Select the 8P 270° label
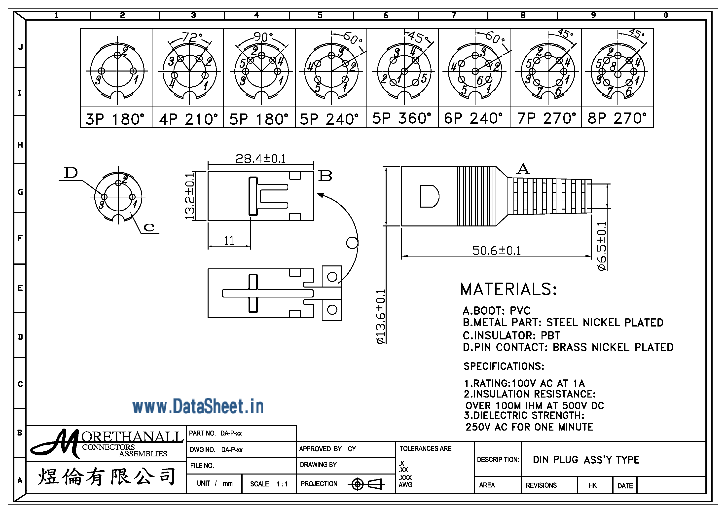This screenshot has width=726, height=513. pos(617,118)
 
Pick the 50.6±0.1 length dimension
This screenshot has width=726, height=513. pos(496,251)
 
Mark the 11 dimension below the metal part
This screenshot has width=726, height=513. pos(229,241)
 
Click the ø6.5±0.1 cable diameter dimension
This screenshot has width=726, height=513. pos(602,246)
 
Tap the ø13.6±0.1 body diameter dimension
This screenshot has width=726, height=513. pos(381,316)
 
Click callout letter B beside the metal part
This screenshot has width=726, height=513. pos(325,176)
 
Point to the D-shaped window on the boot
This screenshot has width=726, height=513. pos(429,196)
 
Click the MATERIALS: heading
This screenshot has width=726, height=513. pos(508,289)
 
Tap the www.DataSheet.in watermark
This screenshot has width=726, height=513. pos(198,407)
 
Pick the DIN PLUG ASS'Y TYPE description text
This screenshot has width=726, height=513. pos(586,460)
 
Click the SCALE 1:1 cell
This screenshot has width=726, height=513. pos(269,484)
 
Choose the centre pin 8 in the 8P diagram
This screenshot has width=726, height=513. pos(617,74)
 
